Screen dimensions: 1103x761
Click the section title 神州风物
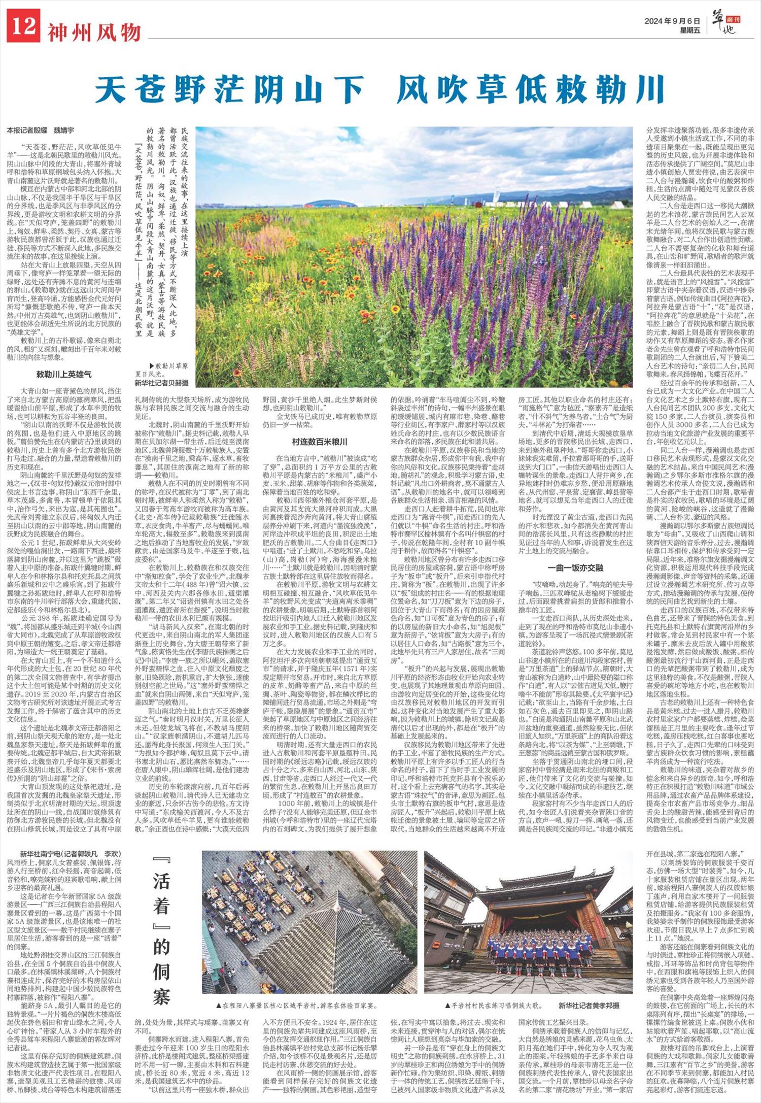94,32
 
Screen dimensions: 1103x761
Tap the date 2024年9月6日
672,21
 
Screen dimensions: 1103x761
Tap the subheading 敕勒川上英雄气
64,374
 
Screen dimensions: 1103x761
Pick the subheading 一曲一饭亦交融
575,567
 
